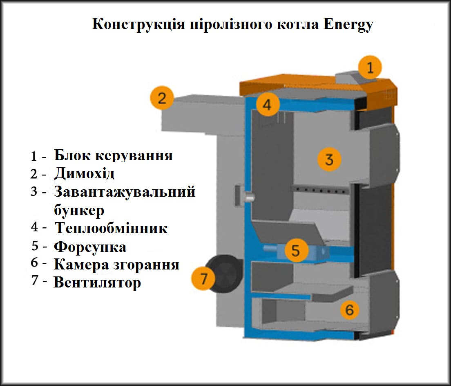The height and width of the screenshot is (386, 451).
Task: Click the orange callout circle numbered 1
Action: point(370,68)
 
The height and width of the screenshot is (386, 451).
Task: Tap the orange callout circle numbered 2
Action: point(162,98)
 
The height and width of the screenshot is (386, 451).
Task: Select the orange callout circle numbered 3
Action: point(329,159)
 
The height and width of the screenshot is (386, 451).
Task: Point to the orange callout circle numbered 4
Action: point(267,105)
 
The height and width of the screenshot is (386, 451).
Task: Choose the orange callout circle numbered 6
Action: point(349,310)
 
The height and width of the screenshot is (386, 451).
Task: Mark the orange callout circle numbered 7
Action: point(204,279)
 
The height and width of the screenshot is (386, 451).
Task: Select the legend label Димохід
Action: point(84,174)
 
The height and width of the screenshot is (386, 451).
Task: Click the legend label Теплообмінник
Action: point(111,228)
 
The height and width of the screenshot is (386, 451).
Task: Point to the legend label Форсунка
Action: point(90,247)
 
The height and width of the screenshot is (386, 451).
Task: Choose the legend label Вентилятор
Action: point(97,283)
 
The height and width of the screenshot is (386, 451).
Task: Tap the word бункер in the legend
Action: point(79,210)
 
